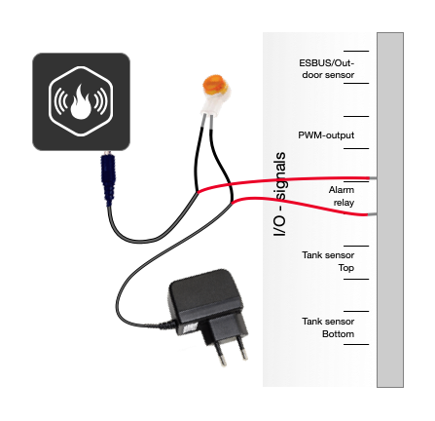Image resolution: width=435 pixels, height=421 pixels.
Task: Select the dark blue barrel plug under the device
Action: coord(108,179)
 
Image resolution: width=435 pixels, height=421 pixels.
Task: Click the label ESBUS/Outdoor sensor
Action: coord(327,68)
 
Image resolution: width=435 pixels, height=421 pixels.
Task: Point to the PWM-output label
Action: coord(326,135)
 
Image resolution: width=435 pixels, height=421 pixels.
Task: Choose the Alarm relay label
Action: coord(342,196)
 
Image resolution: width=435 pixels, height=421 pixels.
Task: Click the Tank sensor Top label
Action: coord(328,261)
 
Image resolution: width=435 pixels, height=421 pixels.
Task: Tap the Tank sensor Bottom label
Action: coord(328,327)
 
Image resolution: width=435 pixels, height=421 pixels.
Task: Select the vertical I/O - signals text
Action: coord(279,194)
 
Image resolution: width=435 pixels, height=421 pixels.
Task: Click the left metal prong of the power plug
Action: coord(221,355)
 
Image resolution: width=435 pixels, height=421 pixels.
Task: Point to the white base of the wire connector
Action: coord(212,105)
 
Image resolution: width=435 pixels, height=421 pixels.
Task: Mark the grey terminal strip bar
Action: coord(390,210)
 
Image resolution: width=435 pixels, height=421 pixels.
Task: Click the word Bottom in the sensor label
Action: coord(338,334)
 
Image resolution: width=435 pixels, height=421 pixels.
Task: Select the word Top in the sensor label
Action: coord(346,268)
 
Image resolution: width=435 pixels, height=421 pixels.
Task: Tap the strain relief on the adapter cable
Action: coord(166,325)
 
